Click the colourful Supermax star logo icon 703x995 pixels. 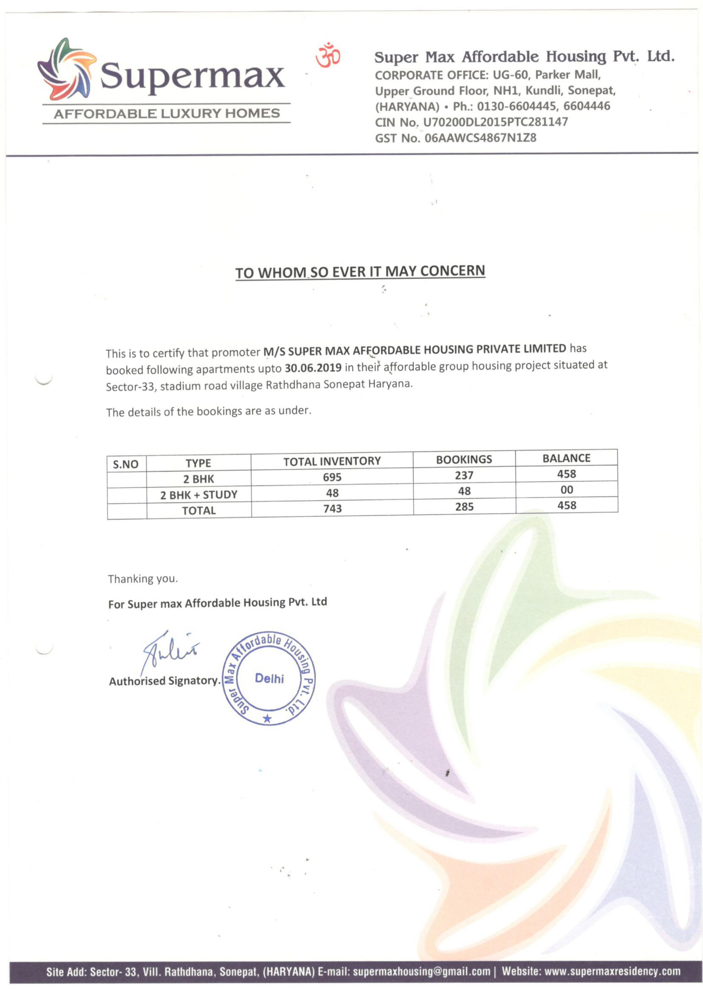click(66, 69)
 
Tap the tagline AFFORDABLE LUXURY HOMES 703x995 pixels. click(167, 113)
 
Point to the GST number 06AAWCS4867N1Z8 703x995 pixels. click(481, 138)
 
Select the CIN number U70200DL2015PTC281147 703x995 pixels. click(495, 122)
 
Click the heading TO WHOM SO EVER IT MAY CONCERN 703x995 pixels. click(360, 272)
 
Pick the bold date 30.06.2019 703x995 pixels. click(313, 368)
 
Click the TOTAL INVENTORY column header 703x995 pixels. click(332, 461)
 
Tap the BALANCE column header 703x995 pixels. click(566, 458)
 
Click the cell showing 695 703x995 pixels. click(332, 477)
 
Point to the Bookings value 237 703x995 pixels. click(464, 476)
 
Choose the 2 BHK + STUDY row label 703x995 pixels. click(199, 495)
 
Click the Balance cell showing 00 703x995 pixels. click(567, 490)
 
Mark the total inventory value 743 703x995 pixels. click(332, 508)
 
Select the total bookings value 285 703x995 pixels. click(464, 507)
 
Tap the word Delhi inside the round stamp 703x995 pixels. click(269, 678)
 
